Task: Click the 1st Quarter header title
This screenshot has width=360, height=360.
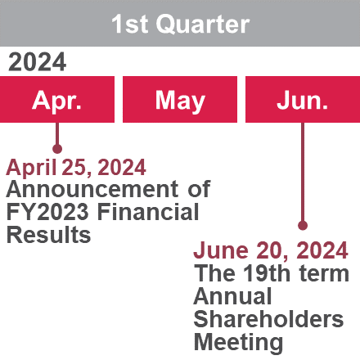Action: (x=181, y=25)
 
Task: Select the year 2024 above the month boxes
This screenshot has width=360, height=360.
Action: (x=37, y=62)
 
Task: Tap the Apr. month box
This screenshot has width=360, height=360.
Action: (x=57, y=99)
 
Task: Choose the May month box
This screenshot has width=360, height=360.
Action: (x=180, y=99)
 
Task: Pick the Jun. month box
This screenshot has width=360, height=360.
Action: (x=303, y=99)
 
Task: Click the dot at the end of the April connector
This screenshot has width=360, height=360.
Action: (x=57, y=149)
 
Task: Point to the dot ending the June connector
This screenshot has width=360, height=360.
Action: (x=303, y=226)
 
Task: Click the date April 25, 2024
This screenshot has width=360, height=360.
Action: (x=76, y=168)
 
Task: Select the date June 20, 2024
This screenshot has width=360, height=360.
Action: (x=271, y=250)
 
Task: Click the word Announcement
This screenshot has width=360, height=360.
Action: (x=92, y=189)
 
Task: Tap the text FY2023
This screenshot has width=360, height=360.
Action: (x=47, y=212)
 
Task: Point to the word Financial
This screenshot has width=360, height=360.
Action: (x=148, y=212)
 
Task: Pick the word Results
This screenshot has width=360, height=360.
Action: (x=48, y=235)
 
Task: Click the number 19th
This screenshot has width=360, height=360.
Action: (x=266, y=273)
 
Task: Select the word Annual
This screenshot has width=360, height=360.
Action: (x=232, y=296)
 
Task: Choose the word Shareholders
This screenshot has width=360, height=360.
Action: (x=268, y=319)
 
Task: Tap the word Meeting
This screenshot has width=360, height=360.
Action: (x=238, y=343)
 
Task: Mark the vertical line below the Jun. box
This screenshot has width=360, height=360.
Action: (x=303, y=172)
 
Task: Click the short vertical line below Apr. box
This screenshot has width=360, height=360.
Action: (x=57, y=133)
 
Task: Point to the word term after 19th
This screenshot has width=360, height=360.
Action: (x=324, y=274)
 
